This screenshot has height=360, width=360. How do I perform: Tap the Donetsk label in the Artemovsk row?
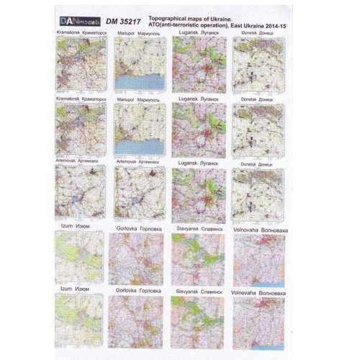click(258, 165)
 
